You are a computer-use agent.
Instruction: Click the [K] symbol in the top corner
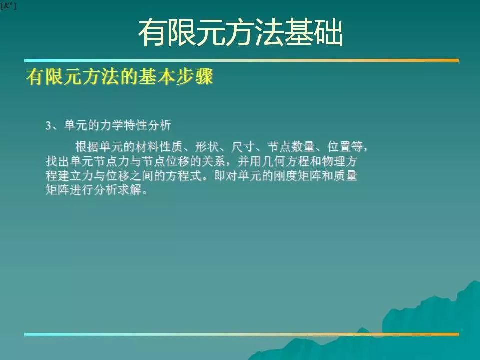click(8, 6)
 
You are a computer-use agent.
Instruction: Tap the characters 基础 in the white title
click(313, 32)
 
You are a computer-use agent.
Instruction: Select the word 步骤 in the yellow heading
click(194, 77)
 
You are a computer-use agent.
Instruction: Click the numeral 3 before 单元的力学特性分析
click(48, 126)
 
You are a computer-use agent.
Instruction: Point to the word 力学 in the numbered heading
click(111, 125)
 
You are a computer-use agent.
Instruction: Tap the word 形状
click(207, 147)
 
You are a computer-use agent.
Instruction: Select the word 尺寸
click(243, 147)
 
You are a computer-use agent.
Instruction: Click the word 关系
click(214, 161)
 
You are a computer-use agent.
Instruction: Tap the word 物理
click(333, 161)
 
